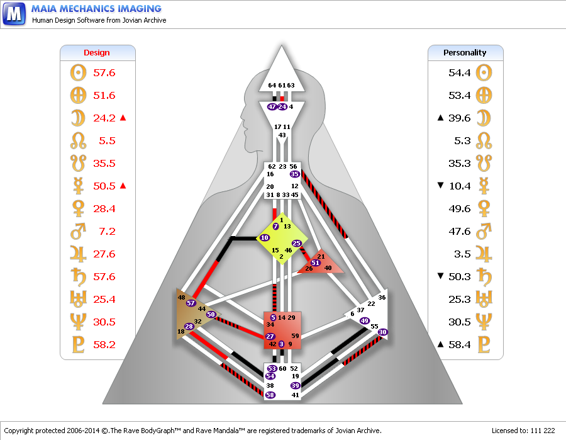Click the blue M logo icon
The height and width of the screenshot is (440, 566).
(14, 14)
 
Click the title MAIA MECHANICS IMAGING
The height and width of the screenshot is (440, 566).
(96, 8)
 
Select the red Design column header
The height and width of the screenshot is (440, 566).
(96, 53)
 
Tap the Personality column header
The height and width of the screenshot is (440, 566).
(465, 53)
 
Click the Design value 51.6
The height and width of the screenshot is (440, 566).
(104, 96)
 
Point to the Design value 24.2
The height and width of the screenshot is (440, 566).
(104, 118)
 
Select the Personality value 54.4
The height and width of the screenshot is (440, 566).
(460, 72)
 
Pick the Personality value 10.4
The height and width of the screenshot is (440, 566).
(460, 186)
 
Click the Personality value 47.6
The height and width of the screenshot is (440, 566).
(460, 232)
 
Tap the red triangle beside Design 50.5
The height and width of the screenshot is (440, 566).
(123, 186)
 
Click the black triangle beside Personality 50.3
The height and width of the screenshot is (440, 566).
(440, 276)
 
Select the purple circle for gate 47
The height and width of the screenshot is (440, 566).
(272, 106)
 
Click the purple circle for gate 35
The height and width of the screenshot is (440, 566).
(294, 174)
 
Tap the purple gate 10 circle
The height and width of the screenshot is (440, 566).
(265, 238)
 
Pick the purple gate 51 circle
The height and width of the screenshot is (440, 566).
(315, 262)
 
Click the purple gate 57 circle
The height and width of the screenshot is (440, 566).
(191, 303)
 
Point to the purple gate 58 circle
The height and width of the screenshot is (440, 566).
(270, 395)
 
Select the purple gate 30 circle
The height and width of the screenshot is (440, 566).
(382, 332)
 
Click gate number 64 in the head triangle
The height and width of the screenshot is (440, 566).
(272, 85)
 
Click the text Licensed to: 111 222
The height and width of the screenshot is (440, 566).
(523, 431)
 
